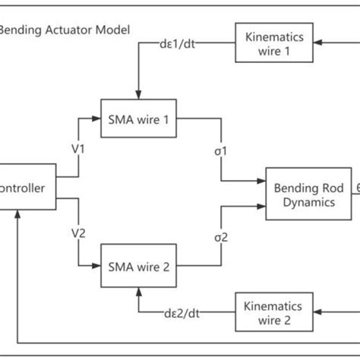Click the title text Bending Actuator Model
64,30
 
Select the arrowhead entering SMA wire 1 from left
98,120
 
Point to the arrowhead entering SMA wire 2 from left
98,266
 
